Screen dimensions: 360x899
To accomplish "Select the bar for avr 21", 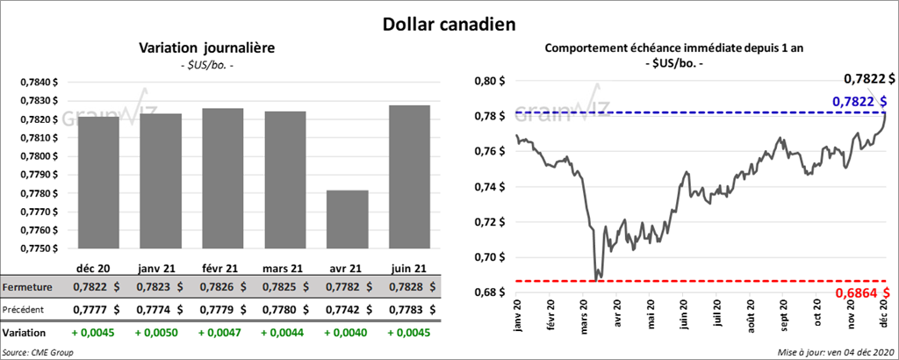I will [347, 220].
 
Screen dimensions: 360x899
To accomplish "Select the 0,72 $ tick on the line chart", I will [488, 221].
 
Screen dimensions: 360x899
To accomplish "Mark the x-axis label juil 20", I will [719, 314].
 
